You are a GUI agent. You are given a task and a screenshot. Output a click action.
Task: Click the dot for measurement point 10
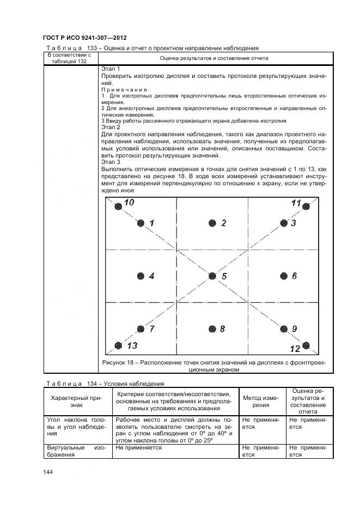tap(117, 206)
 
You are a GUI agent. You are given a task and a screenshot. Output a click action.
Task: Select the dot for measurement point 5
tap(212, 276)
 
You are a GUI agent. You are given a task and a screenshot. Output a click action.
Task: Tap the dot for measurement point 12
tap(306, 345)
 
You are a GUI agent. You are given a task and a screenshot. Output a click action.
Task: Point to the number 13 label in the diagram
tap(131, 345)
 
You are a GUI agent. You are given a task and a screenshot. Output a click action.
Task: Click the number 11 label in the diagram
tap(296, 203)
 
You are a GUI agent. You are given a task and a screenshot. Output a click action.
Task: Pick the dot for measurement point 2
tap(212, 223)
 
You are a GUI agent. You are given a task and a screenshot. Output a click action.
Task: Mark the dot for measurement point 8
tap(212, 329)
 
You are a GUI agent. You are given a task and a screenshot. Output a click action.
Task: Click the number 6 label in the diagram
tap(294, 276)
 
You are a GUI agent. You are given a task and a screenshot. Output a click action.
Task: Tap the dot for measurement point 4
tap(141, 276)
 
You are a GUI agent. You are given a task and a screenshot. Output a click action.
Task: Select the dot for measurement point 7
tap(141, 329)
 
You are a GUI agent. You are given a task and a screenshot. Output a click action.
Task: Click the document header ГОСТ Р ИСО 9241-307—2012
tap(84, 38)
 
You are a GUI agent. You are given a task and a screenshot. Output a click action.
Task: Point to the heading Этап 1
tap(111, 69)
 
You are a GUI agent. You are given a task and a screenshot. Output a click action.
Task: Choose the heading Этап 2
tap(111, 127)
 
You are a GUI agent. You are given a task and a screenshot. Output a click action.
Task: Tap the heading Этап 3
tap(111, 162)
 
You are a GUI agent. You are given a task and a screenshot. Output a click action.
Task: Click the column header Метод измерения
tap(263, 401)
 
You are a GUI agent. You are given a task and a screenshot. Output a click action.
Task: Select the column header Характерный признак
tap(76, 401)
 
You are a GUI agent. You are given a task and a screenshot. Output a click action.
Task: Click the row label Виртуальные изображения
tap(76, 451)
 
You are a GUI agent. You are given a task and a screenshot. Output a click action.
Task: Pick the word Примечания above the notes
tap(125, 89)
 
